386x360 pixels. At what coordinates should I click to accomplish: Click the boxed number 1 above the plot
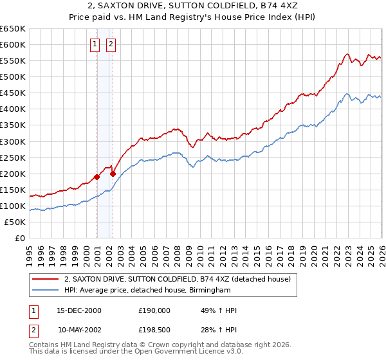(x=95, y=44)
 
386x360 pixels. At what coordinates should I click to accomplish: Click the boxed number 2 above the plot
(x=111, y=44)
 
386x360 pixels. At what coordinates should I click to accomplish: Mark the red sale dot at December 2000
(x=97, y=177)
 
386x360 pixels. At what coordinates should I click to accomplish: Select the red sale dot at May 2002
(x=113, y=174)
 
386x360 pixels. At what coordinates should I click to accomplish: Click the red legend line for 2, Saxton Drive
(x=46, y=280)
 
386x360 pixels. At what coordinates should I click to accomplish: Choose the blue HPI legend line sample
(x=46, y=291)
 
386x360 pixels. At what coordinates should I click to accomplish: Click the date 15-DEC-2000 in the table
(x=79, y=310)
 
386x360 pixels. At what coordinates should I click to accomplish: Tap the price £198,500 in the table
(x=154, y=329)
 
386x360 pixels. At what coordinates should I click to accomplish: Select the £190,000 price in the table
(x=154, y=310)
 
